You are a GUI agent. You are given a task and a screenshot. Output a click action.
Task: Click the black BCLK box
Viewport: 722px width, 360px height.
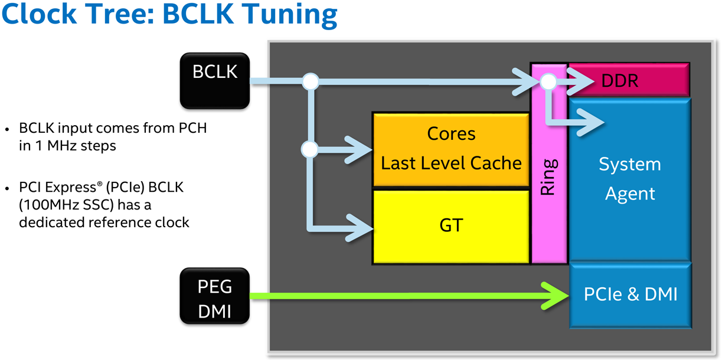(x=215, y=81)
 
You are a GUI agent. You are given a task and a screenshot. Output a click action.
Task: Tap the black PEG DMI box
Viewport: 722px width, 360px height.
(x=215, y=296)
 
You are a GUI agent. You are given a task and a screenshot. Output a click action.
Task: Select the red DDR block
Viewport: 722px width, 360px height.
(x=629, y=80)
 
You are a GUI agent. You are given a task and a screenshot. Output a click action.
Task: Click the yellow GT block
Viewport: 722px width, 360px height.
(x=451, y=227)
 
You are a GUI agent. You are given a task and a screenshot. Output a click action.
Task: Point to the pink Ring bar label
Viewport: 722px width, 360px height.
(x=548, y=177)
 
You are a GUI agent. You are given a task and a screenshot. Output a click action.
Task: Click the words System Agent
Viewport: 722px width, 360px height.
(x=630, y=179)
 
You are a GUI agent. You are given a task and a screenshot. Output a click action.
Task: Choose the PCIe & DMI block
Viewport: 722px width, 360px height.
(x=630, y=295)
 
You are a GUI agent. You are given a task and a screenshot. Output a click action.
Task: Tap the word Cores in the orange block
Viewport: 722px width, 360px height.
(x=451, y=133)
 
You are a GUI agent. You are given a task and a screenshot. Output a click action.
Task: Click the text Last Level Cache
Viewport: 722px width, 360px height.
(x=451, y=163)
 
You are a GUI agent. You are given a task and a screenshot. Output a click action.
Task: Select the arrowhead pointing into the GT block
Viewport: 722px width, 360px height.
(x=360, y=228)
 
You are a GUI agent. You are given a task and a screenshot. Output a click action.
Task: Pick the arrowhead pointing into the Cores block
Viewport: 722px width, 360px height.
(x=359, y=150)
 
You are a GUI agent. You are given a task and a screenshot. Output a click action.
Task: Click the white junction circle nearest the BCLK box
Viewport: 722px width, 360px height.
(x=311, y=81)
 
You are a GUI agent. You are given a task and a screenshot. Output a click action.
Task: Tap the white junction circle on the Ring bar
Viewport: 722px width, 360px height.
(x=548, y=81)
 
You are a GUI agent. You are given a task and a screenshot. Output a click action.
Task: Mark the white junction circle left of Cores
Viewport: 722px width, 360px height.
(x=309, y=149)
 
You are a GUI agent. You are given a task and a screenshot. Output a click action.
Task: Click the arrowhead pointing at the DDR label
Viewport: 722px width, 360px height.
(x=580, y=81)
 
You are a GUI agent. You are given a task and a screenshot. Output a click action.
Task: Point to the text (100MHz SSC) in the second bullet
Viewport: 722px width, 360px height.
(x=66, y=205)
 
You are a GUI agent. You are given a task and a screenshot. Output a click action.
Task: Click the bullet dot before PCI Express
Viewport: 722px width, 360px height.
(x=8, y=188)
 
